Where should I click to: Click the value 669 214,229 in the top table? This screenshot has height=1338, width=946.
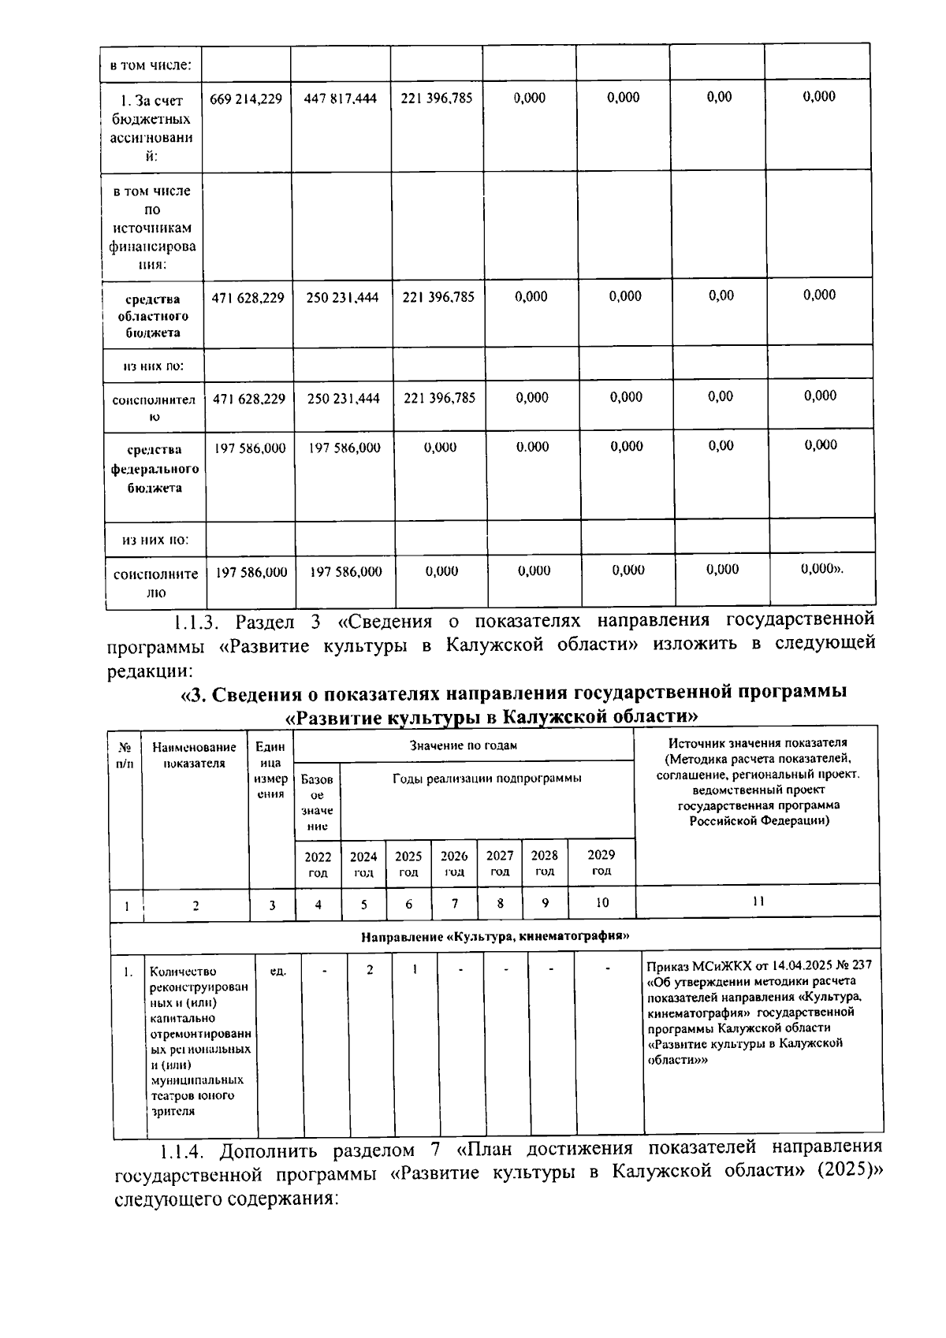tap(246, 99)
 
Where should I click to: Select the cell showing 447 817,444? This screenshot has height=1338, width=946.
tap(340, 98)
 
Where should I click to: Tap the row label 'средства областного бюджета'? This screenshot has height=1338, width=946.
tap(154, 315)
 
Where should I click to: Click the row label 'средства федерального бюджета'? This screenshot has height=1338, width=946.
tap(155, 469)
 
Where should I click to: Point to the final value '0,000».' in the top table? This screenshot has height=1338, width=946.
tap(821, 569)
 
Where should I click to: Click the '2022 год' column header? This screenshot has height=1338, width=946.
tap(318, 864)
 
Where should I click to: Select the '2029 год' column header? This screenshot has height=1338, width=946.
tap(601, 862)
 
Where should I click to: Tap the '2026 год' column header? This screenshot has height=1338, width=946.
tap(454, 864)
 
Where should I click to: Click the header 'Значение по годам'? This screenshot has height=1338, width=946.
tap(463, 745)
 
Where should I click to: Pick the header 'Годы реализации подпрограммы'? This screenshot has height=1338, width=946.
tap(486, 779)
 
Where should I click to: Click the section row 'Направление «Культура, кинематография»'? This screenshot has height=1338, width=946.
tap(494, 937)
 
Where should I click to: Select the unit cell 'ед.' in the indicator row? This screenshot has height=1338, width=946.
tap(277, 971)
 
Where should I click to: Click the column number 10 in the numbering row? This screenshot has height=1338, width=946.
tap(601, 903)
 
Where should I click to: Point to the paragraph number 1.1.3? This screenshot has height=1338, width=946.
tap(195, 622)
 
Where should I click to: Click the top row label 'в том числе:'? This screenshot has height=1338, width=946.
tap(150, 64)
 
